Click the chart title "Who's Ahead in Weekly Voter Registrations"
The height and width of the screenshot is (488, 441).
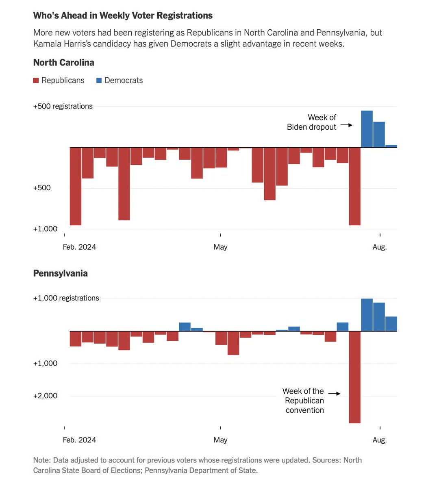(123, 15)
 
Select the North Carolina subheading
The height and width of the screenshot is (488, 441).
(64, 63)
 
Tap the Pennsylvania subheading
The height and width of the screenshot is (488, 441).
(60, 273)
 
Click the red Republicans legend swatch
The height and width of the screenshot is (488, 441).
(36, 81)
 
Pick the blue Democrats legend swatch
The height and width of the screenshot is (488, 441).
(99, 81)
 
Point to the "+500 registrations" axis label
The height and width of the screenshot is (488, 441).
(63, 106)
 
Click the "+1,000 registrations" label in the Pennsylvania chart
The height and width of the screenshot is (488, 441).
(66, 298)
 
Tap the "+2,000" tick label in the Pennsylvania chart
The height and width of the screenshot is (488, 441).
(45, 396)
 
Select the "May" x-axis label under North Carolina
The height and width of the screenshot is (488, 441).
(220, 247)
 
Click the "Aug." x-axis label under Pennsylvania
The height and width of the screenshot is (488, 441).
(380, 440)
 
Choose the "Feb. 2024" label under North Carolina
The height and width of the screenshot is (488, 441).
(79, 247)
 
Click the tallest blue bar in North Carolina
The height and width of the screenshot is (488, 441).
(367, 129)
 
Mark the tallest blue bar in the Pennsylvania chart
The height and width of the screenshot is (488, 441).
(367, 315)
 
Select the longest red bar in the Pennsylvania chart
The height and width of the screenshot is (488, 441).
(355, 377)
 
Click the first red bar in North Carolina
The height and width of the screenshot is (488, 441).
(76, 186)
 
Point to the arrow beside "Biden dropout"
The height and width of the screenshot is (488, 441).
(346, 125)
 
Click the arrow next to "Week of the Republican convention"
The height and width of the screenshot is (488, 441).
(334, 393)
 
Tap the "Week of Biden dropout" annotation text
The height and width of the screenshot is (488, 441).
(312, 122)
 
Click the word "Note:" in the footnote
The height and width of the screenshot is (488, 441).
(42, 460)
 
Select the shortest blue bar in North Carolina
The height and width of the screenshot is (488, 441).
(391, 146)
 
